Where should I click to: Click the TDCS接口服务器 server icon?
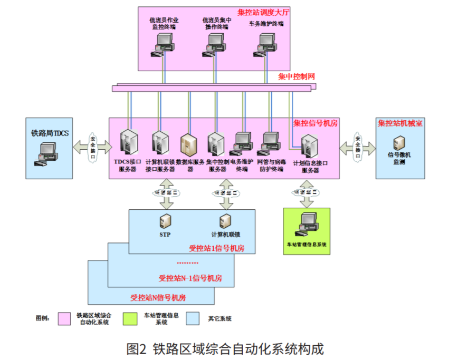pos(127,142)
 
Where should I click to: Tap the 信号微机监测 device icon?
pos(399,142)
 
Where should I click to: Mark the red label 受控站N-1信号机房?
pos(190,278)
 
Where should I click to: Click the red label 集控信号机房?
pos(315,123)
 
